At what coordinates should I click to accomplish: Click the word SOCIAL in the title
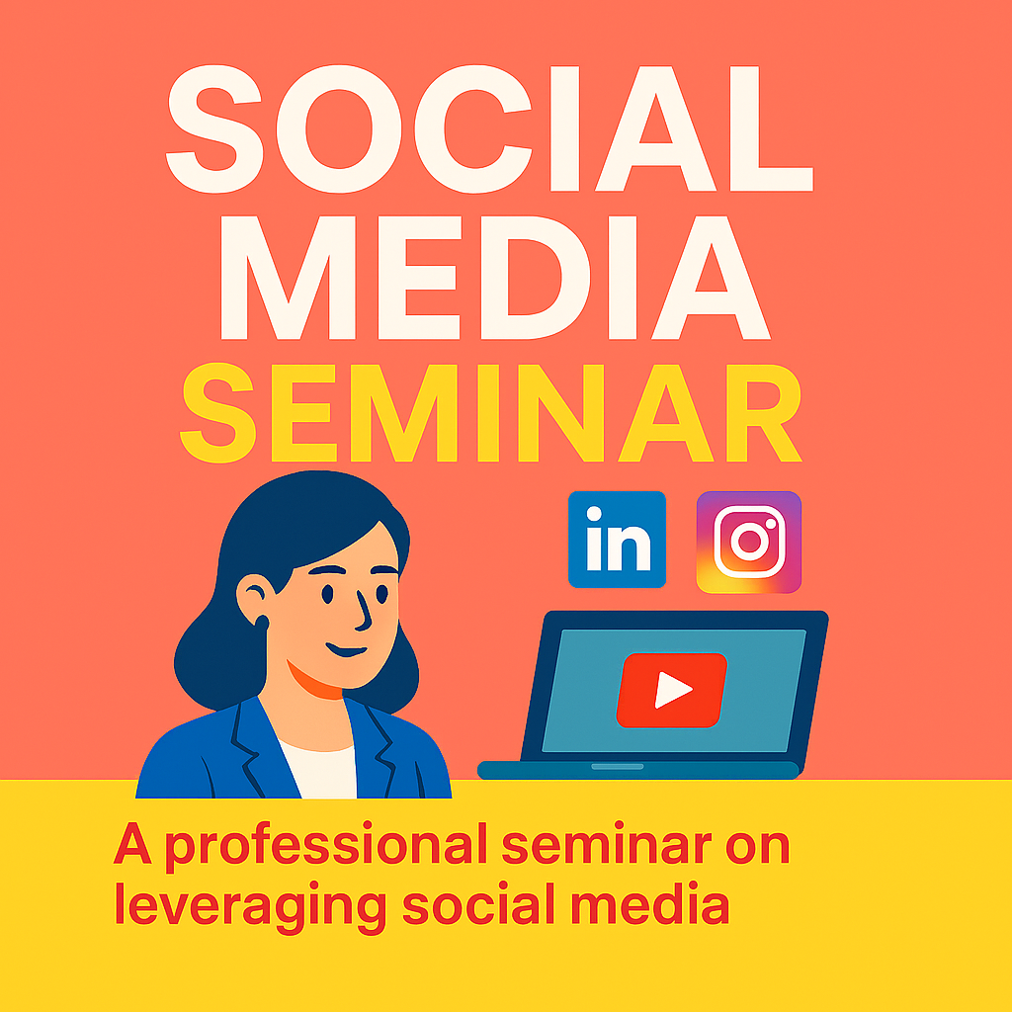click(489, 128)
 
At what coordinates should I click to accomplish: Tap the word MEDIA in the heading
click(496, 278)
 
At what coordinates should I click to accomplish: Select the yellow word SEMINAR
click(490, 413)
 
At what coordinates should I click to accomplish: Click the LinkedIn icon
click(617, 540)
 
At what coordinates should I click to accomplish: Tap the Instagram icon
click(749, 543)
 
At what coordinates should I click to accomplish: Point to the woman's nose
click(364, 611)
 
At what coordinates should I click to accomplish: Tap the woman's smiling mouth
click(347, 650)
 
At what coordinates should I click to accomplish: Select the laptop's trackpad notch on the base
click(618, 767)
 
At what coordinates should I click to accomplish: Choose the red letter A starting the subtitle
click(132, 843)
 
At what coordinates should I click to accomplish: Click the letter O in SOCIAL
click(339, 128)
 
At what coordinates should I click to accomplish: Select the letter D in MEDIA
click(536, 278)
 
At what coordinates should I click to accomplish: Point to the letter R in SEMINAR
click(764, 413)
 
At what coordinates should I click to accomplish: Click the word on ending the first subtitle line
click(758, 847)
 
